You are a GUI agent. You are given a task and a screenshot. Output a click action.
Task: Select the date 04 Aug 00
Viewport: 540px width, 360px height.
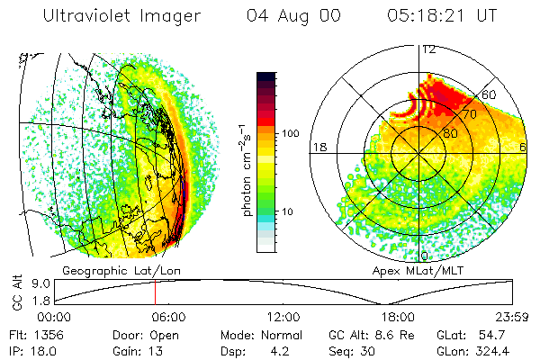click(290, 16)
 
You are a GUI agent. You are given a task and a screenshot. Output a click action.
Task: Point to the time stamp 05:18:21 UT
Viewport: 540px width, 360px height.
click(442, 16)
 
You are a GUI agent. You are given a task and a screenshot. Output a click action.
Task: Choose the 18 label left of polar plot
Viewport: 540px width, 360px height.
click(318, 146)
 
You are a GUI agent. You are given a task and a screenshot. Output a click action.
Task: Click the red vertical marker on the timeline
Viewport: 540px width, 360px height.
click(155, 292)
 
